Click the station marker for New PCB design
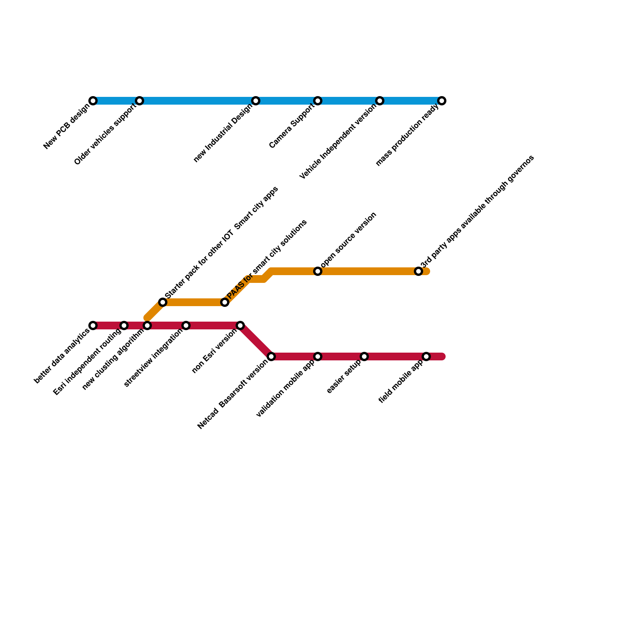click(x=93, y=101)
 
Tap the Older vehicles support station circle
click(x=139, y=101)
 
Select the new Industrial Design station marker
click(x=256, y=101)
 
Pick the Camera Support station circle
click(x=318, y=101)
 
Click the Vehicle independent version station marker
click(x=380, y=101)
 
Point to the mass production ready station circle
click(x=442, y=101)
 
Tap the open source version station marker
click(x=318, y=271)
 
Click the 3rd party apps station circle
click(x=418, y=271)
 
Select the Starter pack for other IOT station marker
click(x=163, y=302)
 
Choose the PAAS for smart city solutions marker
click(x=225, y=302)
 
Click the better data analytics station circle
click(x=93, y=325)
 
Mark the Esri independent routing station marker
click(x=124, y=325)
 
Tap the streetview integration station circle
click(x=186, y=325)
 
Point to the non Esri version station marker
click(x=240, y=325)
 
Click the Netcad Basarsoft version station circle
click(x=271, y=356)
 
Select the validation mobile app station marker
click(x=318, y=356)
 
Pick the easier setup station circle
click(x=364, y=356)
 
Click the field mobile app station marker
click(x=426, y=356)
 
